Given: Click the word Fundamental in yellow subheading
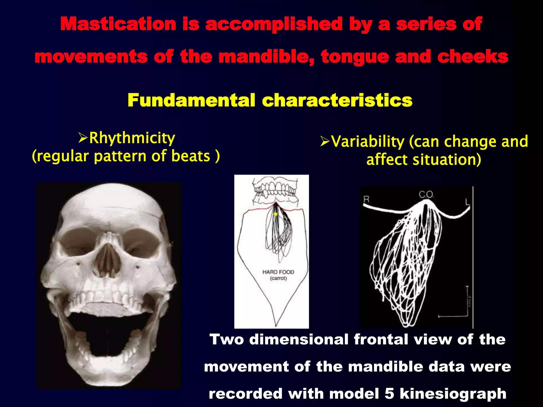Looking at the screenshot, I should tap(191, 100).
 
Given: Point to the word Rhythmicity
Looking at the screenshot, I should tap(132, 138).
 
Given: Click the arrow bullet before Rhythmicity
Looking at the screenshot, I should tap(83, 138).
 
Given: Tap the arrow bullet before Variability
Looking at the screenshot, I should tap(325, 141).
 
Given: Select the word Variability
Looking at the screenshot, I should tap(368, 141).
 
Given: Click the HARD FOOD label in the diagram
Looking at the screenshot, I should tap(278, 272).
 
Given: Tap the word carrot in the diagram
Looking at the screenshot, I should tap(278, 278).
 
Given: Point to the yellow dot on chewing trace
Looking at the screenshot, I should tap(275, 214).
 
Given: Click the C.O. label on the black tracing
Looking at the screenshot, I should tap(426, 195).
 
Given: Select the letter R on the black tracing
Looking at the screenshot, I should tap(366, 199).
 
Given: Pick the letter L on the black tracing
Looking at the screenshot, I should tap(467, 202).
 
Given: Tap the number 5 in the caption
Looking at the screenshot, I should tap(389, 393).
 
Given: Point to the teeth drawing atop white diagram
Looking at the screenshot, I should tap(275, 191).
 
